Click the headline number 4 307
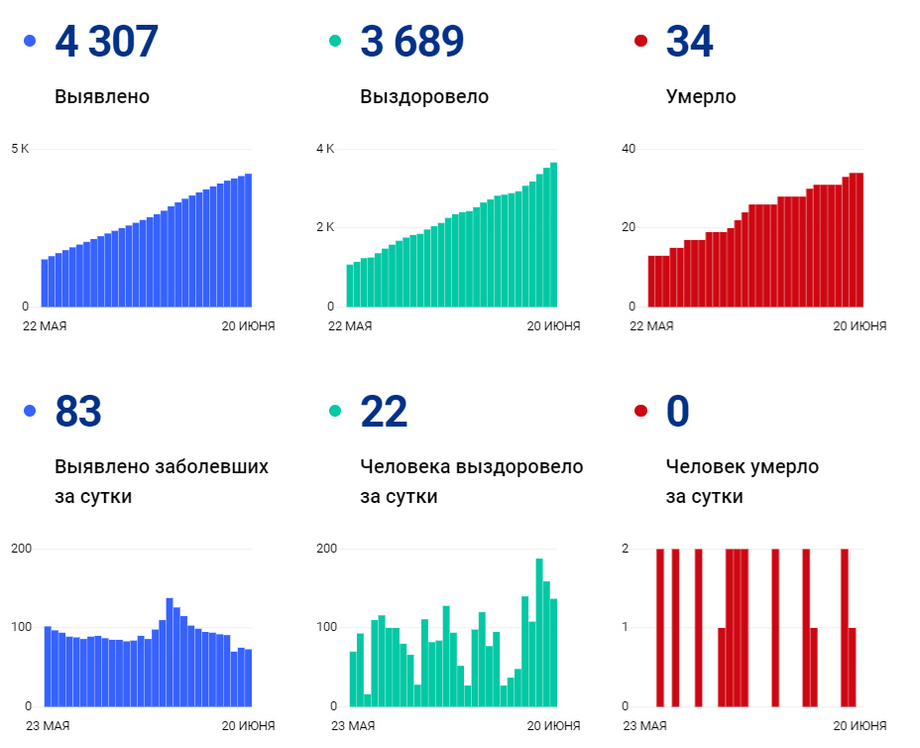pos(107,42)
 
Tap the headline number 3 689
pos(411,42)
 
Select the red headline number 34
pos(689,42)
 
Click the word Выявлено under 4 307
pos(102,97)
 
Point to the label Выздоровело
pos(424,97)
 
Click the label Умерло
pos(701,97)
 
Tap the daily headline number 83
pos(78,412)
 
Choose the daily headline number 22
pos(384,412)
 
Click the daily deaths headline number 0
pos(678,412)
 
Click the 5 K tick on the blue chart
pos(20,149)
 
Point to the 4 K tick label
pos(325,149)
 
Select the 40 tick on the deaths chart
pos(629,149)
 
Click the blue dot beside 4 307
pos(30,42)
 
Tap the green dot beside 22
pos(335,411)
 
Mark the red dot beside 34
pos(640,42)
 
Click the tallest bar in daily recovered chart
pos(539,632)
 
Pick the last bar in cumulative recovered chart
pos(553,234)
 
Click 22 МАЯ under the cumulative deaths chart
pos(653,326)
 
